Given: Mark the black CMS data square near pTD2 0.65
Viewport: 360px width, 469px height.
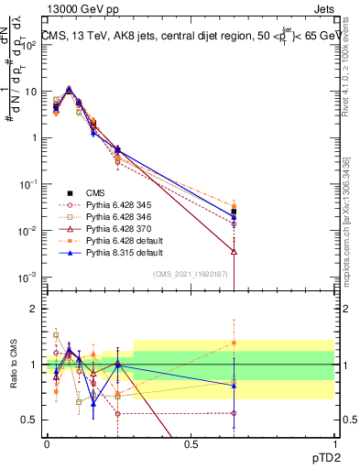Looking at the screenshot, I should (234, 211).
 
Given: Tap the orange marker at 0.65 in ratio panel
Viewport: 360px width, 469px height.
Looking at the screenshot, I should (234, 343).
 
